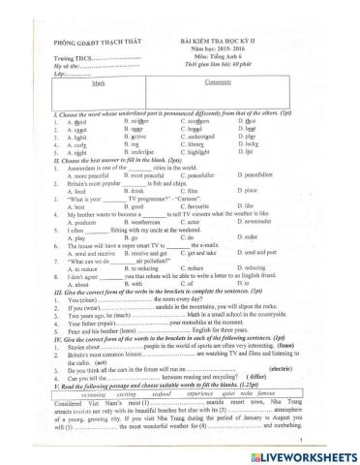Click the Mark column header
pyautogui.click(x=97, y=83)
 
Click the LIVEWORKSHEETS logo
pyautogui.click(x=304, y=452)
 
